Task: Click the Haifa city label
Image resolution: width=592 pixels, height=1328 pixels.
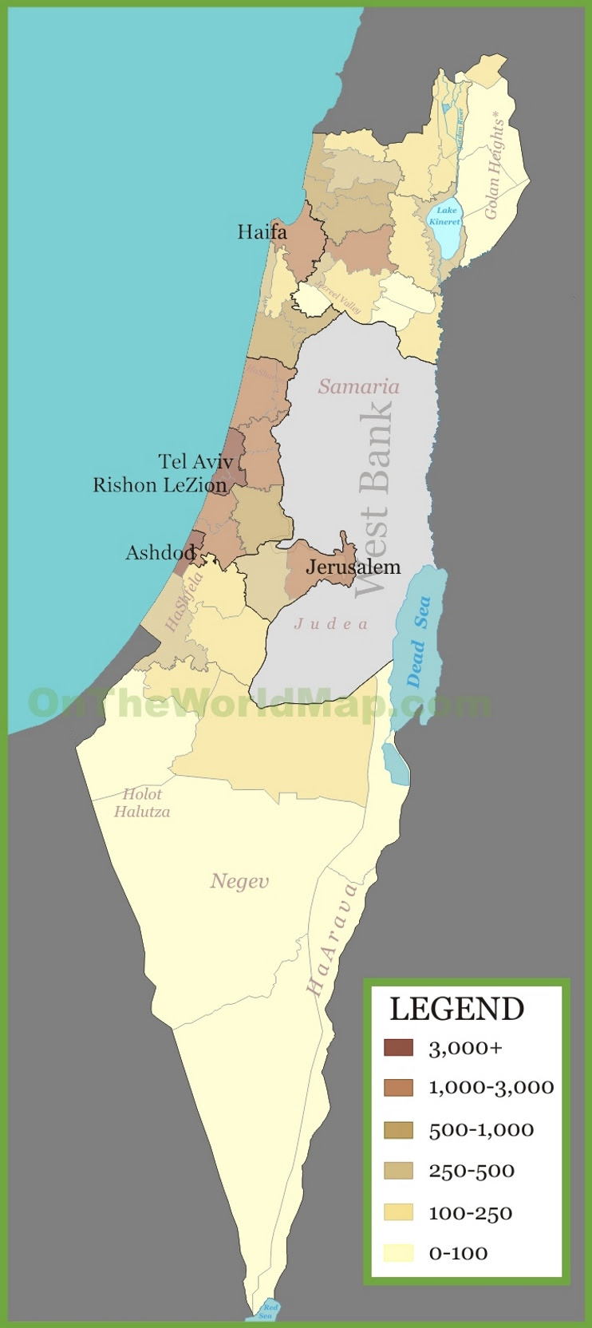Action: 262,232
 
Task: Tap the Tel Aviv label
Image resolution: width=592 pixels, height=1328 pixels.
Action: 195,461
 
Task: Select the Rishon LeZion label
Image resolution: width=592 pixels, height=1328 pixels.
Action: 160,485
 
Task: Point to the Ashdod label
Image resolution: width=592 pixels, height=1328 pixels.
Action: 160,552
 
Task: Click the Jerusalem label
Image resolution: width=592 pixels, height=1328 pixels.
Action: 353,567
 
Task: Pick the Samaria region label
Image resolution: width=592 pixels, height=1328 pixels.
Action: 358,387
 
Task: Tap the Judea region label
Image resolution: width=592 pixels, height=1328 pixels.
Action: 331,624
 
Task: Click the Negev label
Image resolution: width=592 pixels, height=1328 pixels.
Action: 239,881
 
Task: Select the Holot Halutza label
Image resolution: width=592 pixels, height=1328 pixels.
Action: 142,803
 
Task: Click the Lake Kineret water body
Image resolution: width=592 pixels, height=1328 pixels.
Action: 445,223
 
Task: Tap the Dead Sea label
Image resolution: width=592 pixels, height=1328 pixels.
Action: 418,642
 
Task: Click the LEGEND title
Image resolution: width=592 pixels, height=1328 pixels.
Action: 456,1010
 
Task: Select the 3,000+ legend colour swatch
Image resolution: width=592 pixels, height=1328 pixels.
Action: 398,1048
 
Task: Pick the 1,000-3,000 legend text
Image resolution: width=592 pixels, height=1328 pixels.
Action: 491,1087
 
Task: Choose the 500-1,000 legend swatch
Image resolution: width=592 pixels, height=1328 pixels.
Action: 398,1130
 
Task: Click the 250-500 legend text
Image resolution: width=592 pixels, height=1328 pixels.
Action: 472,1171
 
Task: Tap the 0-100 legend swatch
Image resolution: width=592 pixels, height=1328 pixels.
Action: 398,1253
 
